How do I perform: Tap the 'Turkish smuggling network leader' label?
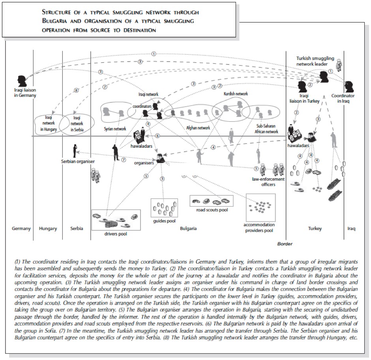point(315,61)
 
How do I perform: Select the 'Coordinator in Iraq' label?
point(343,98)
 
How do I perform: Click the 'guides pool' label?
point(164,221)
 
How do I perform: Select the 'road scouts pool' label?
point(212,210)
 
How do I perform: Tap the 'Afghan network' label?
point(198,128)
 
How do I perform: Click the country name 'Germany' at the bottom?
point(21,228)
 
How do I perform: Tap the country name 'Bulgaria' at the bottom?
point(188,228)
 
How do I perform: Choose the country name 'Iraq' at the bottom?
point(350,228)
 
